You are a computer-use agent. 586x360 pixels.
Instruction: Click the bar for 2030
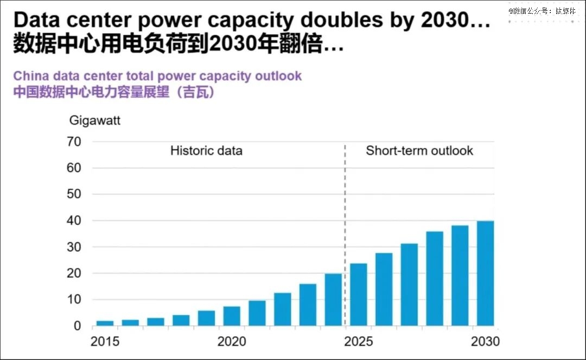pyautogui.click(x=485, y=273)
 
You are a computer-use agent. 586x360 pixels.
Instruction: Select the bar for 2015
pyautogui.click(x=105, y=323)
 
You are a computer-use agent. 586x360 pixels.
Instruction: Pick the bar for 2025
pyautogui.click(x=358, y=294)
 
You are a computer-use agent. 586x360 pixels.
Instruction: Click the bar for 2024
pyautogui.click(x=333, y=299)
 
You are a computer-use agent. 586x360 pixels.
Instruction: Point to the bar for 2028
pyautogui.click(x=434, y=279)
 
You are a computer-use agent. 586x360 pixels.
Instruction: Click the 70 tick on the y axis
pyautogui.click(x=74, y=142)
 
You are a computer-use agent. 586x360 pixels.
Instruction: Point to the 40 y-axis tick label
pyautogui.click(x=74, y=221)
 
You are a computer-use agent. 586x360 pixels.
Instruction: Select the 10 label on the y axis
pyautogui.click(x=74, y=300)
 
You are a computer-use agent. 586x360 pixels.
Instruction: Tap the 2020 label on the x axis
pyautogui.click(x=232, y=342)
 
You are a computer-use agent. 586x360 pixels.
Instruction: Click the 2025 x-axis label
pyautogui.click(x=358, y=342)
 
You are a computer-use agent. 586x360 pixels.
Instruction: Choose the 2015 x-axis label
pyautogui.click(x=105, y=342)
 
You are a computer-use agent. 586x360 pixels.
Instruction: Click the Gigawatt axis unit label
pyautogui.click(x=95, y=120)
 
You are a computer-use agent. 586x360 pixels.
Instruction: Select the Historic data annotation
pyautogui.click(x=206, y=151)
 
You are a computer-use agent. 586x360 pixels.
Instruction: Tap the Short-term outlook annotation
pyautogui.click(x=419, y=151)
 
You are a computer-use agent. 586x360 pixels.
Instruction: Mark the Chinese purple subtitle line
pyautogui.click(x=114, y=92)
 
